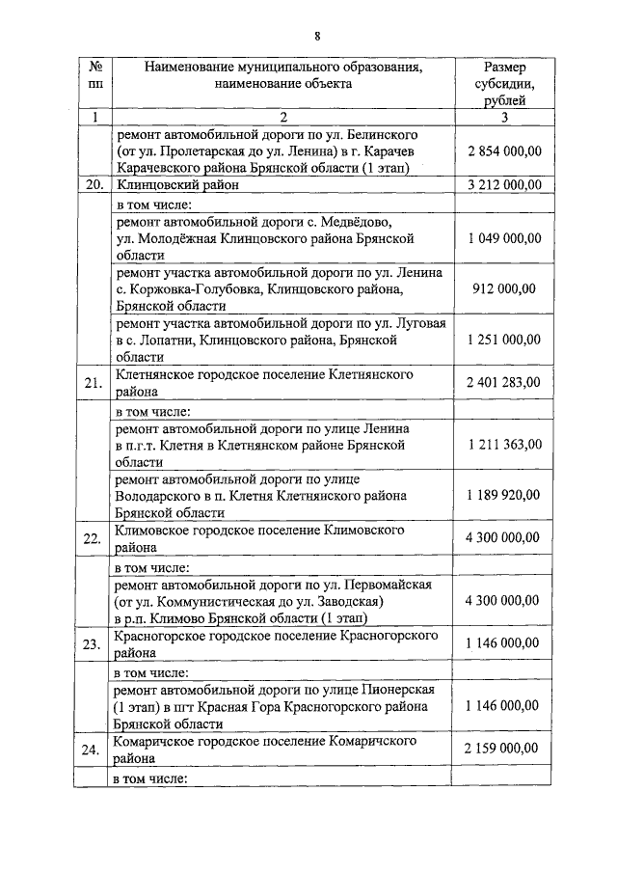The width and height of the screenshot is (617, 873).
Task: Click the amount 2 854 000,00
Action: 503,152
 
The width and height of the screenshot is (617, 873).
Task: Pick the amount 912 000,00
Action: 504,287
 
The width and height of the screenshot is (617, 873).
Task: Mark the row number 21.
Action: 94,383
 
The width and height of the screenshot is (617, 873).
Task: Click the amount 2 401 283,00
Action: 503,383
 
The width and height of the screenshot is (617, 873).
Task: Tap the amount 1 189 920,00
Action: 503,495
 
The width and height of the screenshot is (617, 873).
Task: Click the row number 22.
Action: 94,538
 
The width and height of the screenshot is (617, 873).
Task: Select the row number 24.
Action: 94,749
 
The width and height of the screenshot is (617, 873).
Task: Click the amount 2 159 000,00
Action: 503,749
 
